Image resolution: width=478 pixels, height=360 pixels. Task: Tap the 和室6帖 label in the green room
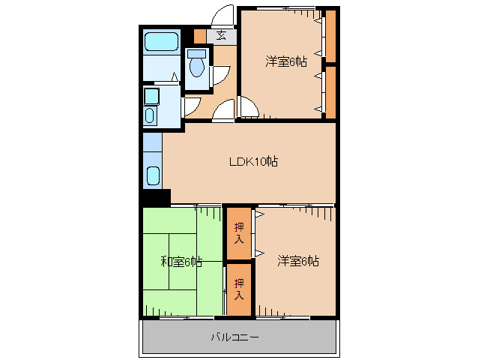click(181, 262)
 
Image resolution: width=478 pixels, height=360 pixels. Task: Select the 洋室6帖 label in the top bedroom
click(285, 61)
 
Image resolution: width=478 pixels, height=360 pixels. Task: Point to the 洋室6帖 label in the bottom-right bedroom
click(298, 261)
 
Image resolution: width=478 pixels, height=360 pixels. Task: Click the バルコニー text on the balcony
click(235, 337)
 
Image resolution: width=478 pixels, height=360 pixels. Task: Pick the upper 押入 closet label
click(239, 233)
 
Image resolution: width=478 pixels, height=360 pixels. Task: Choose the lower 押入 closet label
click(239, 289)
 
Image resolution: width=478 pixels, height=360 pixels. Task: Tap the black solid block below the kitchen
click(156, 198)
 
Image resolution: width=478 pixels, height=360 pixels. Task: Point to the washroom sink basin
click(150, 115)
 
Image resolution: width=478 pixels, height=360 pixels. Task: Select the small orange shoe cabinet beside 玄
click(199, 35)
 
